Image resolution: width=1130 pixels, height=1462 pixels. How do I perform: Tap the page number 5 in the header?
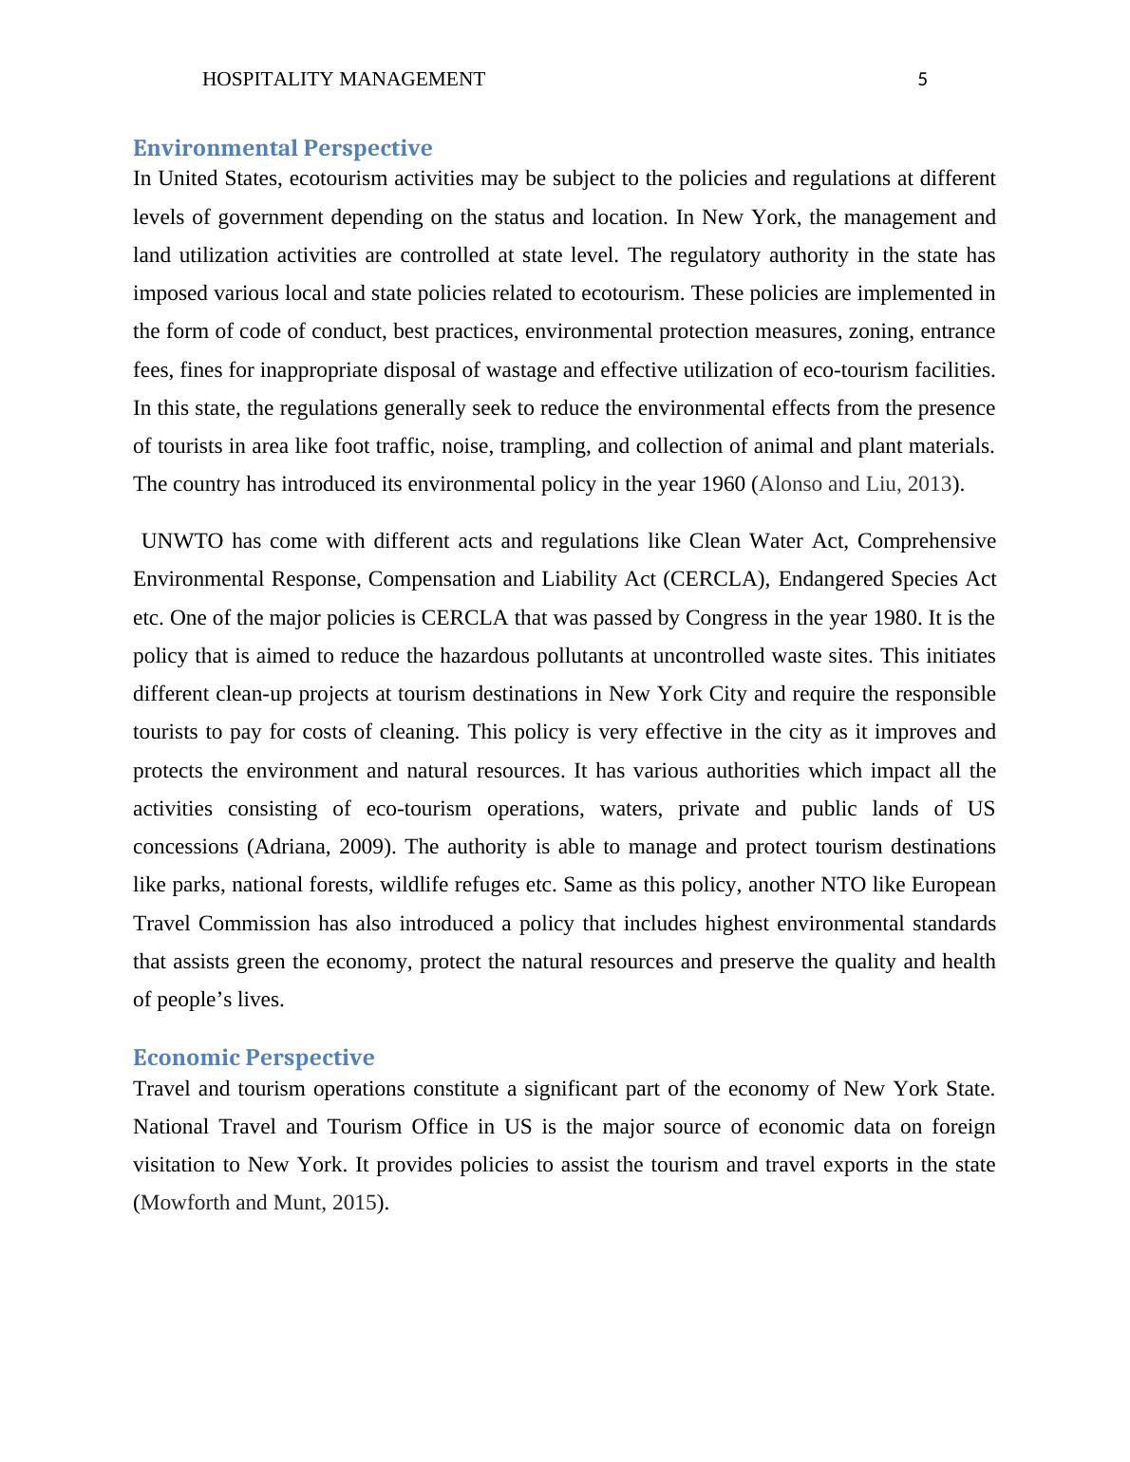[x=922, y=81]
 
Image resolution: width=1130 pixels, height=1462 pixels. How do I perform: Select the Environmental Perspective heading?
[x=282, y=148]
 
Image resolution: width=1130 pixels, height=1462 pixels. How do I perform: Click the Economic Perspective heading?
[x=254, y=1058]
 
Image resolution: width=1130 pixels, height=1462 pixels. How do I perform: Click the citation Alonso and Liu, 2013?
[x=855, y=484]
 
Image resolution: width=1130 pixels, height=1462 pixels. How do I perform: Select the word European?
[x=953, y=885]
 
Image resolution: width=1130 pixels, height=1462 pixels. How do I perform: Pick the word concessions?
[x=186, y=847]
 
